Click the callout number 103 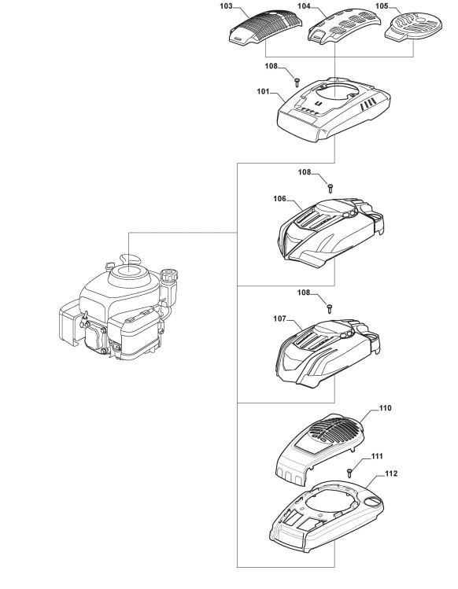(x=226, y=6)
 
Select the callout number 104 (x=304, y=6)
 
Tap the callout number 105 (x=382, y=6)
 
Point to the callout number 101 (x=263, y=91)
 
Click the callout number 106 (x=280, y=198)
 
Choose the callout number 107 (x=280, y=318)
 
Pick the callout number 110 (x=385, y=408)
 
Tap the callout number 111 (x=377, y=456)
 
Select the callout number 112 (x=391, y=473)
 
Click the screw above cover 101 (x=297, y=80)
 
